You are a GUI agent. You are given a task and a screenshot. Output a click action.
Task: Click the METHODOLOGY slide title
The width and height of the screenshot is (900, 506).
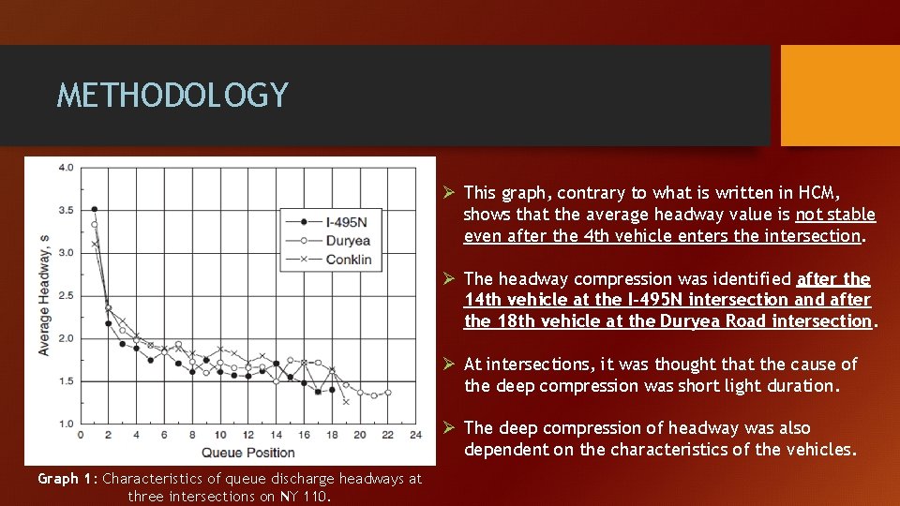click(x=172, y=96)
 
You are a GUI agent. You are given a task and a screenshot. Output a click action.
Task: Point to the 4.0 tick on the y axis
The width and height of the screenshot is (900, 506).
click(x=66, y=168)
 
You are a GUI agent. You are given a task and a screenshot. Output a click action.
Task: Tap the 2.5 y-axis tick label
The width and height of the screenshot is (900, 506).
click(x=66, y=296)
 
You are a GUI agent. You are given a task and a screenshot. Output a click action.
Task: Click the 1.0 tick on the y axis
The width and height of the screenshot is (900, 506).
click(x=66, y=424)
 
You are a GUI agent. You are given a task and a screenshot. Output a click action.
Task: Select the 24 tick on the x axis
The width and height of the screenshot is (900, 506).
click(x=415, y=435)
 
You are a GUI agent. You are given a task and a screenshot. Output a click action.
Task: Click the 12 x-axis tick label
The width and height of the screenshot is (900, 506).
click(x=247, y=435)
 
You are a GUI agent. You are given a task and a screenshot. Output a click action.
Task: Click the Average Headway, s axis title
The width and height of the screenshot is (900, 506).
click(x=43, y=296)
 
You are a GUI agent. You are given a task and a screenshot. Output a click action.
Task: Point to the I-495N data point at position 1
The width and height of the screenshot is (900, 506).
click(x=95, y=209)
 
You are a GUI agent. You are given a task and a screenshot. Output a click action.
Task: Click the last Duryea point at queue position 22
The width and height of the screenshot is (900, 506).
click(x=388, y=392)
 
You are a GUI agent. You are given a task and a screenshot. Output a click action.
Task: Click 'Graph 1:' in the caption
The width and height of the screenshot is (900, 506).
click(x=67, y=479)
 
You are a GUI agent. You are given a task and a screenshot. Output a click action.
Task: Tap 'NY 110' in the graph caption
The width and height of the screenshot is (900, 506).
click(x=302, y=496)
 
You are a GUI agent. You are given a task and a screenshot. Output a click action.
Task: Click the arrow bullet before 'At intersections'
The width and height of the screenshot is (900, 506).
click(x=449, y=364)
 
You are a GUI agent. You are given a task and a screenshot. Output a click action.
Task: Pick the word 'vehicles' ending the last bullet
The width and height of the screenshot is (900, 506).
click(x=821, y=450)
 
